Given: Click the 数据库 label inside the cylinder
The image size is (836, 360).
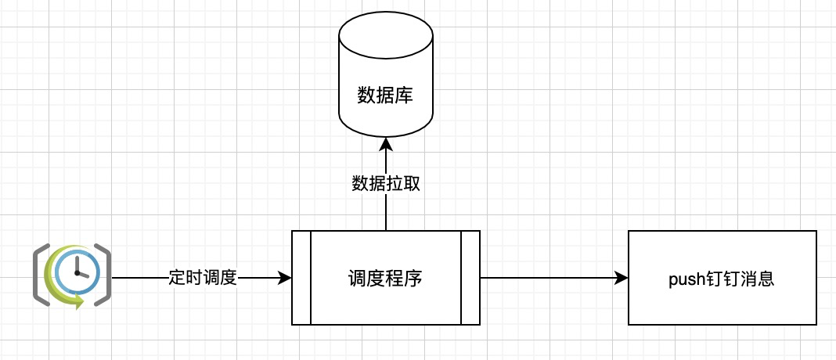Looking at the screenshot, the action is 385,96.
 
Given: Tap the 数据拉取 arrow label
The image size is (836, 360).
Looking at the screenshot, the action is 385,184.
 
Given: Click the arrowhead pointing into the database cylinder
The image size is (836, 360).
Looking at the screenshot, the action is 385,143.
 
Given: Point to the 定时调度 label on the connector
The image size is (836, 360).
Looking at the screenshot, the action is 203,278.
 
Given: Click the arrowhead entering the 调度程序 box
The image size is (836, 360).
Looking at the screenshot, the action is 285,278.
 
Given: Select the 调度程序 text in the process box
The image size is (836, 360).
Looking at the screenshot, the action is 385,278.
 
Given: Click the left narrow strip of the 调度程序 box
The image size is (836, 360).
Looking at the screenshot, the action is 301,277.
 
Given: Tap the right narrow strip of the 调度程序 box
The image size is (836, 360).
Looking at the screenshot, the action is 470,277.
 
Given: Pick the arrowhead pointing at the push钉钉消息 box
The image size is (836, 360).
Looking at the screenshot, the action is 622,278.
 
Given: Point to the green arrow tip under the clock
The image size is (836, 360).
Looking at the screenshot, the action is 79,304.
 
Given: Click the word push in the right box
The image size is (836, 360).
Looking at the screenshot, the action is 686,279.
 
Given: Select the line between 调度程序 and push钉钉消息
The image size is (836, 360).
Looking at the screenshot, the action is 554,278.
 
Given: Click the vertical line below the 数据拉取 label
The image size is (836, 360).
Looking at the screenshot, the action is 385,213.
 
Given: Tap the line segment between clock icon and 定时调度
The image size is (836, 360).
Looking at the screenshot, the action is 139,278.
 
